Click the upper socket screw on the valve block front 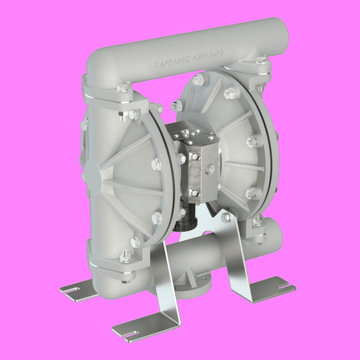tap(194, 157)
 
